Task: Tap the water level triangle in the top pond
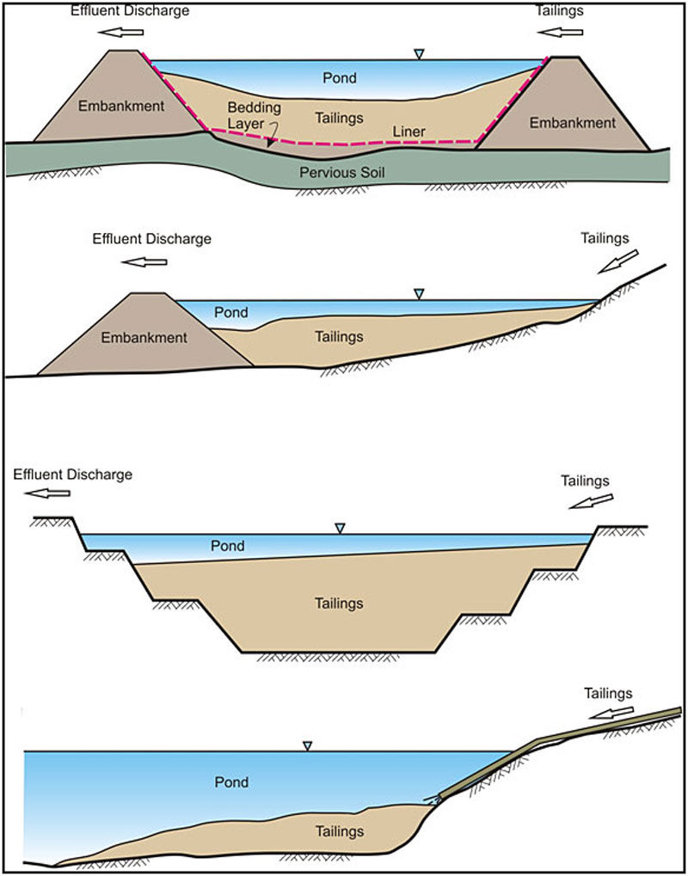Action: (x=419, y=55)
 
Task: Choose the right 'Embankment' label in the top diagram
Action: (x=572, y=123)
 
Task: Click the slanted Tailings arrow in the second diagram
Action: (x=617, y=260)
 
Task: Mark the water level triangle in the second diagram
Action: (x=419, y=294)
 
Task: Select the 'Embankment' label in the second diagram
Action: (x=144, y=338)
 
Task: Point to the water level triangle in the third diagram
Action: (x=340, y=528)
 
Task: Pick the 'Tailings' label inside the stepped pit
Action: (x=339, y=603)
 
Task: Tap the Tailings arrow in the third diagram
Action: (x=591, y=502)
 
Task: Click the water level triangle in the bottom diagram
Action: (x=307, y=745)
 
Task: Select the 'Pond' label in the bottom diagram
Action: (x=231, y=782)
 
